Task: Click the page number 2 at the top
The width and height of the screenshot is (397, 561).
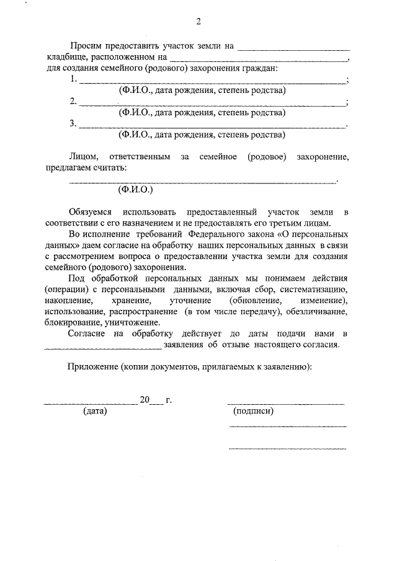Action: click(198, 22)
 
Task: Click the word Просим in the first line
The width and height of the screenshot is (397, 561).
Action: click(87, 46)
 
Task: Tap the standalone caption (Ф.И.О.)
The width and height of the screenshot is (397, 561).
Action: click(135, 190)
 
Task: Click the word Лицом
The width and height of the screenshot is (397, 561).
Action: click(83, 157)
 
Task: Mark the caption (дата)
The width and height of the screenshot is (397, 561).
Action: click(95, 411)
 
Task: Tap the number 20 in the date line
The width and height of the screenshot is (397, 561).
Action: click(145, 400)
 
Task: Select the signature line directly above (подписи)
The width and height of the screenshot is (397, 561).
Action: click(285, 404)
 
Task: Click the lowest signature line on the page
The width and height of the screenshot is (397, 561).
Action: click(287, 448)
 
